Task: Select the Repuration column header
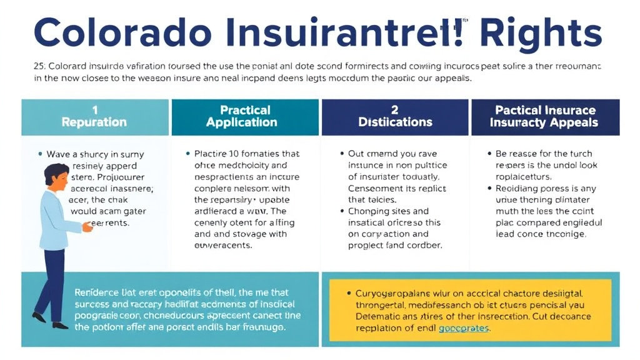(x=94, y=122)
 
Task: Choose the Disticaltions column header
(x=395, y=122)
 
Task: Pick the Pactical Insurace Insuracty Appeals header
(x=545, y=116)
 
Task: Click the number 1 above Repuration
(x=95, y=110)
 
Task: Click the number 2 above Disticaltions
(x=395, y=110)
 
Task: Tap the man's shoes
(x=50, y=321)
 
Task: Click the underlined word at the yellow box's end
(x=464, y=327)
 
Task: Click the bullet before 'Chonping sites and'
(x=342, y=212)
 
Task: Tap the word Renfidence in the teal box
(x=100, y=292)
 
